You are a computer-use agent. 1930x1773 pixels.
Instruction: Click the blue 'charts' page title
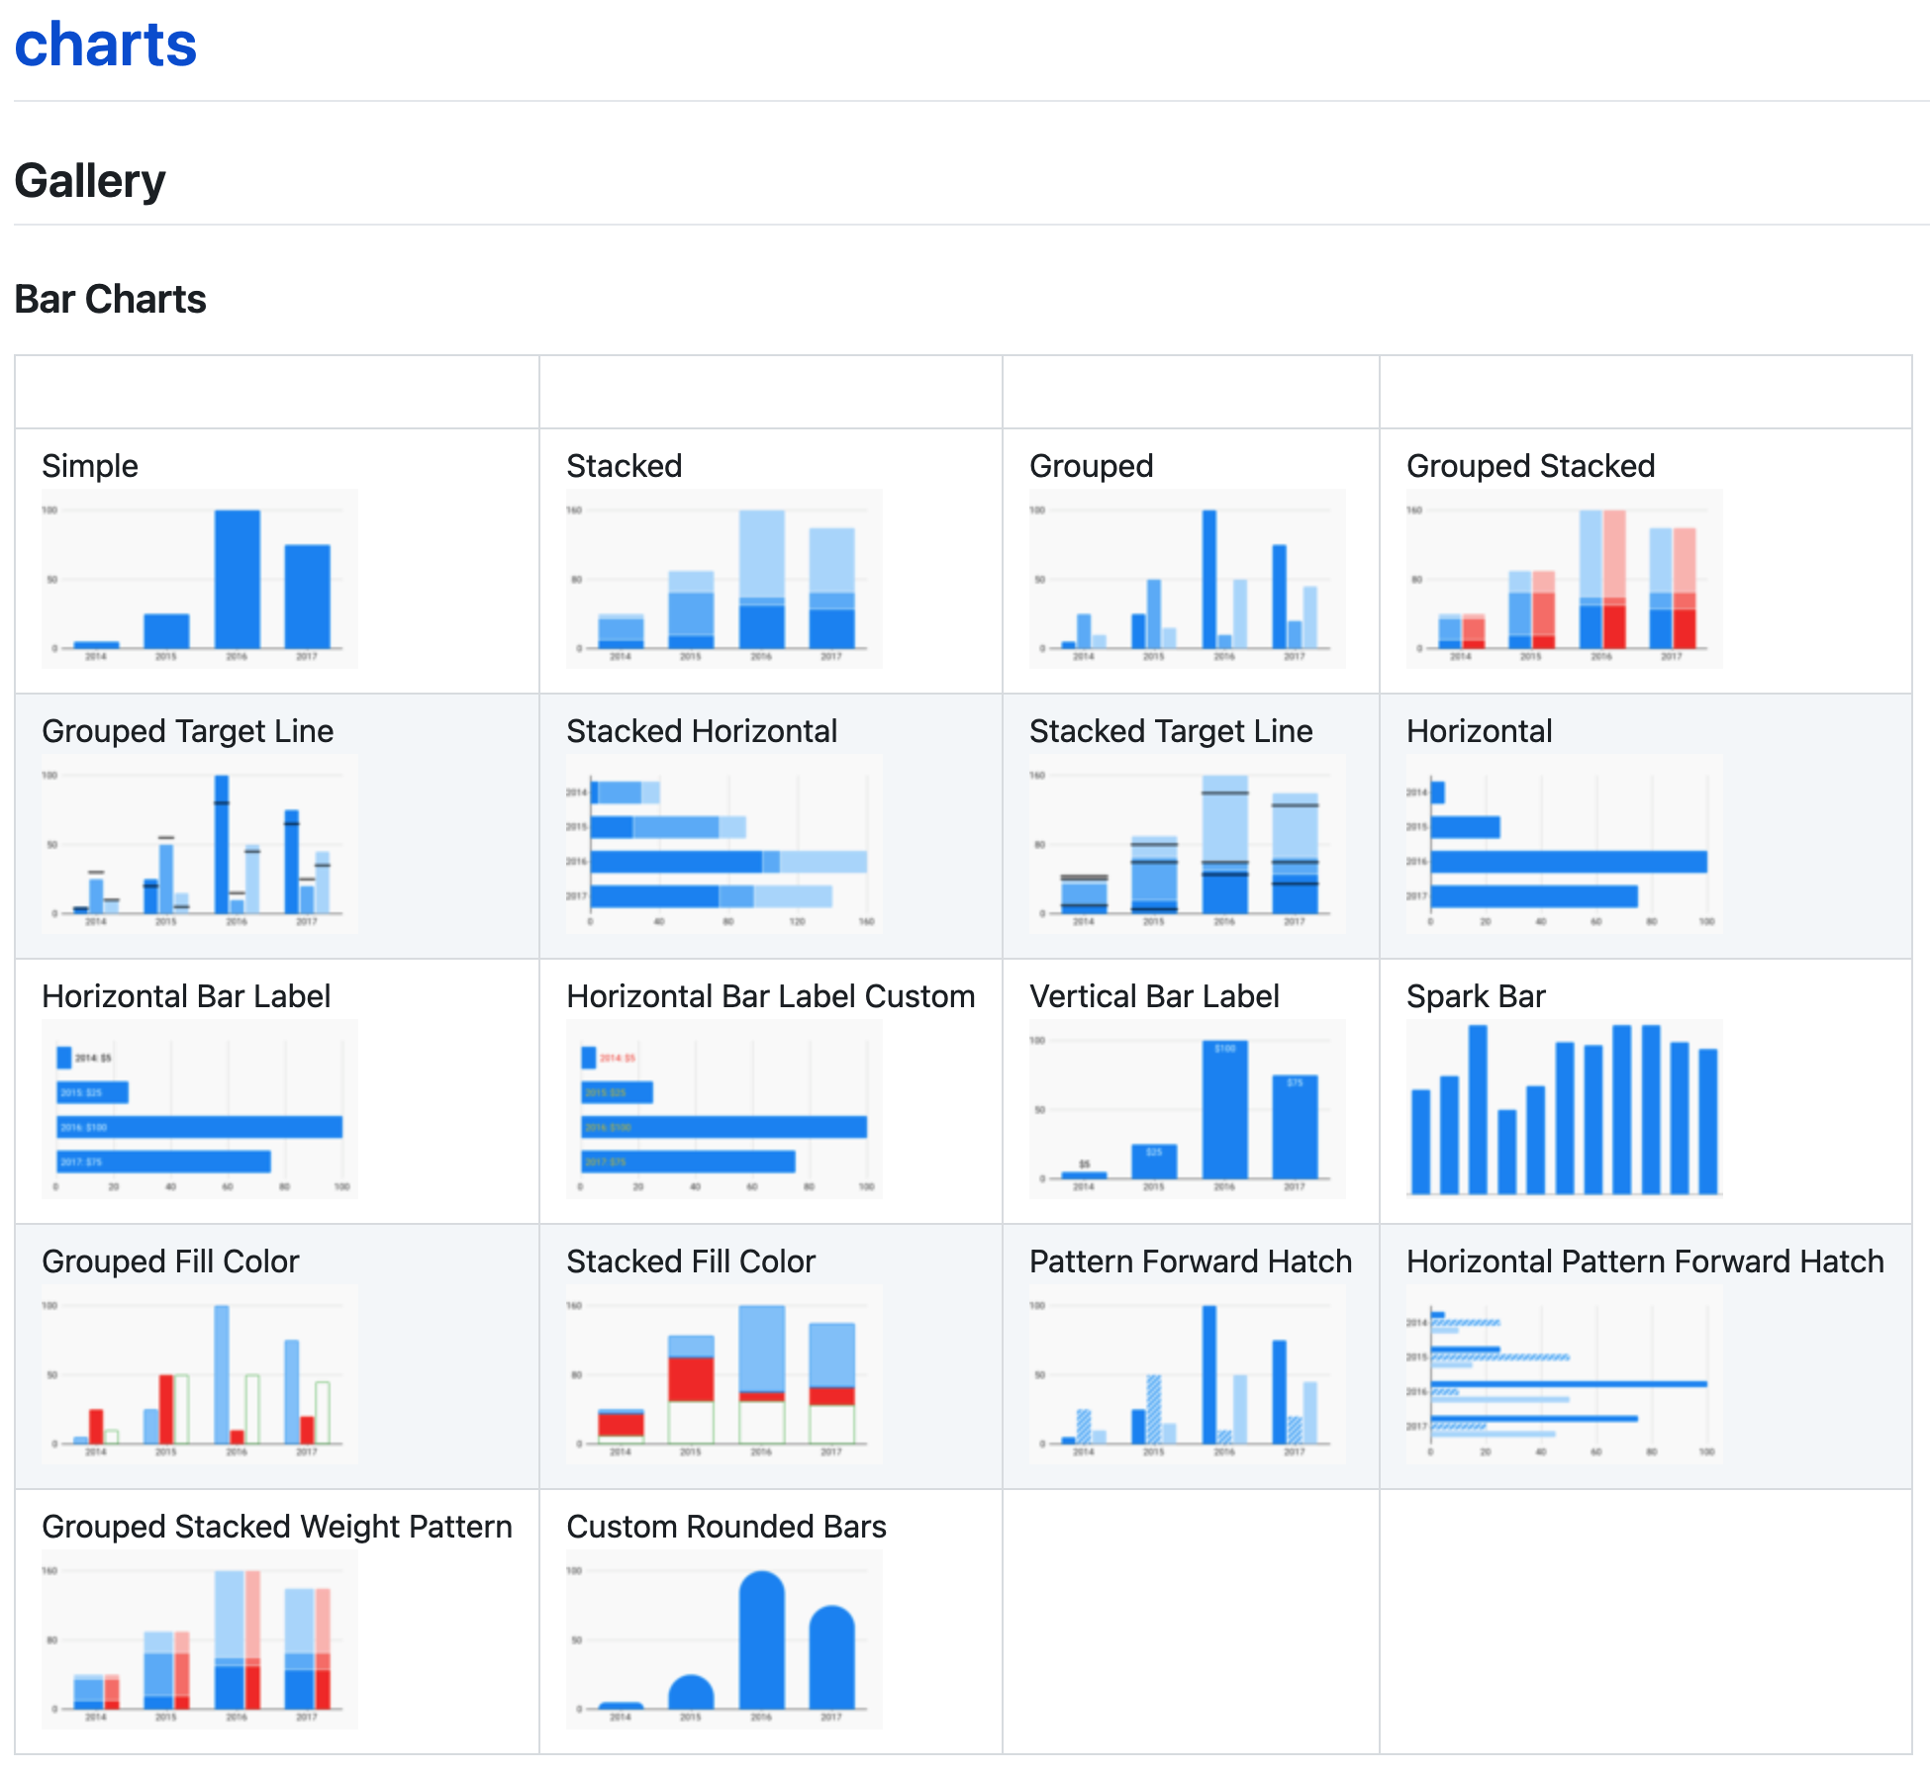(106, 46)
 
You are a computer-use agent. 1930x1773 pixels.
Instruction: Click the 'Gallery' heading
(90, 181)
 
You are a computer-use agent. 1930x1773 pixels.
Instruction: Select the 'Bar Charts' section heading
(110, 299)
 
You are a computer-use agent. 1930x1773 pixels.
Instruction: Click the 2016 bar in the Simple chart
(238, 579)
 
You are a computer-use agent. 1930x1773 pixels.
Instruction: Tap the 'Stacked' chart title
(624, 466)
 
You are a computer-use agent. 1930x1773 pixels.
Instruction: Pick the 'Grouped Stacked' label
(1530, 466)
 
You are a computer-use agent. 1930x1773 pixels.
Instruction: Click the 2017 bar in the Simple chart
(307, 596)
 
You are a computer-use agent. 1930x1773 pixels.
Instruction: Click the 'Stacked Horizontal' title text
(701, 731)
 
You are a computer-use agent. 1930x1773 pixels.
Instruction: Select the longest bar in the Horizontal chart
(1568, 862)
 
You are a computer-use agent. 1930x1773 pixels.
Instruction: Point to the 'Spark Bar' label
(1475, 996)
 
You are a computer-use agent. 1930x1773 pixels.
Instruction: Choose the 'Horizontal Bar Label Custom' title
(770, 996)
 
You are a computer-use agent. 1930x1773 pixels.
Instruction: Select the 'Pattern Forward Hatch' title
(1190, 1261)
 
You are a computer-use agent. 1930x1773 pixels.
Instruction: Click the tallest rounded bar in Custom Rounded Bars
(761, 1642)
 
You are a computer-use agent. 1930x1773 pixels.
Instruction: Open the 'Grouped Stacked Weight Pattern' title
(276, 1527)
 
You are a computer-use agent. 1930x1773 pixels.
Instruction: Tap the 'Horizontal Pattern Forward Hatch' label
(1644, 1261)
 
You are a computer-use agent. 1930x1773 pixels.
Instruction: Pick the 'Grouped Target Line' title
(187, 731)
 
